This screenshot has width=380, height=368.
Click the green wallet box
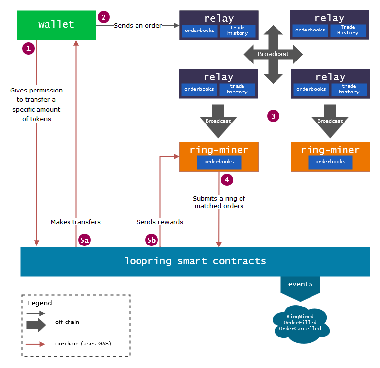56,25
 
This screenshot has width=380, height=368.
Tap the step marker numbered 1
28,48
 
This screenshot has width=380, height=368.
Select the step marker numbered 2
104,17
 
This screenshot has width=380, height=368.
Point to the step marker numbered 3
273,116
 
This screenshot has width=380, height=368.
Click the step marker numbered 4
227,180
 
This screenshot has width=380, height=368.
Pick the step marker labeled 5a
85,240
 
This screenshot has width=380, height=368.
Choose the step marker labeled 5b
152,240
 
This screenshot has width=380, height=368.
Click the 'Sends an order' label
138,25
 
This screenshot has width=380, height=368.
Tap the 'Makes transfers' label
75,222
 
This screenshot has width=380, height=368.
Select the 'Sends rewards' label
160,222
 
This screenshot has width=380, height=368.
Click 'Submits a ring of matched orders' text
219,202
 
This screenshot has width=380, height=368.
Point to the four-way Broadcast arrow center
273,54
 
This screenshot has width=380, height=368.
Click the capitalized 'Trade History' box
348,30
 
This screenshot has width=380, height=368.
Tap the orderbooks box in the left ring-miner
219,162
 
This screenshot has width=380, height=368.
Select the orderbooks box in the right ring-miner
330,162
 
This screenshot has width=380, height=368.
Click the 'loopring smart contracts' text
195,261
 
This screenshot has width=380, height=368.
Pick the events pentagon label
300,284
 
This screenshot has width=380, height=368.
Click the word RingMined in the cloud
300,316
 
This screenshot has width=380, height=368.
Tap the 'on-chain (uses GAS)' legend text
83,343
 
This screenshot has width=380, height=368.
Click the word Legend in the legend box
39,303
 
